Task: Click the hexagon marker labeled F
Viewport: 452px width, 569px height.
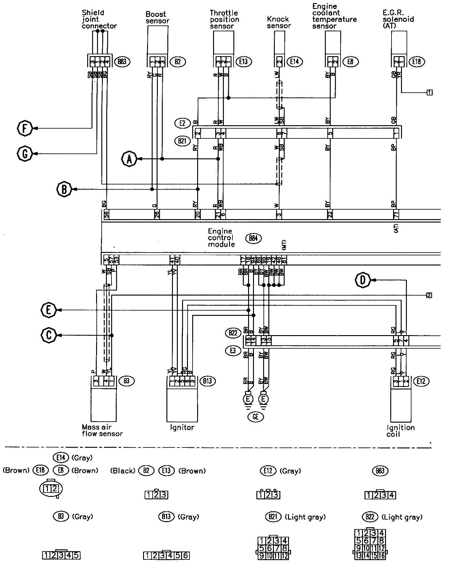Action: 25,128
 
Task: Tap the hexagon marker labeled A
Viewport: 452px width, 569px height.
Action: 129,159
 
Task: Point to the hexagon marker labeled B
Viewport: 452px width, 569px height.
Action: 64,189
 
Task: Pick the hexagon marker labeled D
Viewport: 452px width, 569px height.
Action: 363,280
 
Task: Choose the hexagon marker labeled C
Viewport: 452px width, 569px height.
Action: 49,335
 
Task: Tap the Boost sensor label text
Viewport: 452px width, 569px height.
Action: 158,17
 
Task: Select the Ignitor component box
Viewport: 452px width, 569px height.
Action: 182,405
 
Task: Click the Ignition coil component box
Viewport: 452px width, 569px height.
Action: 401,405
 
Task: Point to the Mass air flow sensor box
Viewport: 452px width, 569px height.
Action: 103,405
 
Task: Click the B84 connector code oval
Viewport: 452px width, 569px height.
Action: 253,238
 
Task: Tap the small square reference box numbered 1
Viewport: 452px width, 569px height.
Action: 430,92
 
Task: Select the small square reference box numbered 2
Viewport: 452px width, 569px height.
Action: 429,295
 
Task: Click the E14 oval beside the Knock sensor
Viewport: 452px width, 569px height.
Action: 294,62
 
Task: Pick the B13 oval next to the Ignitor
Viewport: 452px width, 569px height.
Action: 208,381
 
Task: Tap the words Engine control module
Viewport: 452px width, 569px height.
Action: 221,238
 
